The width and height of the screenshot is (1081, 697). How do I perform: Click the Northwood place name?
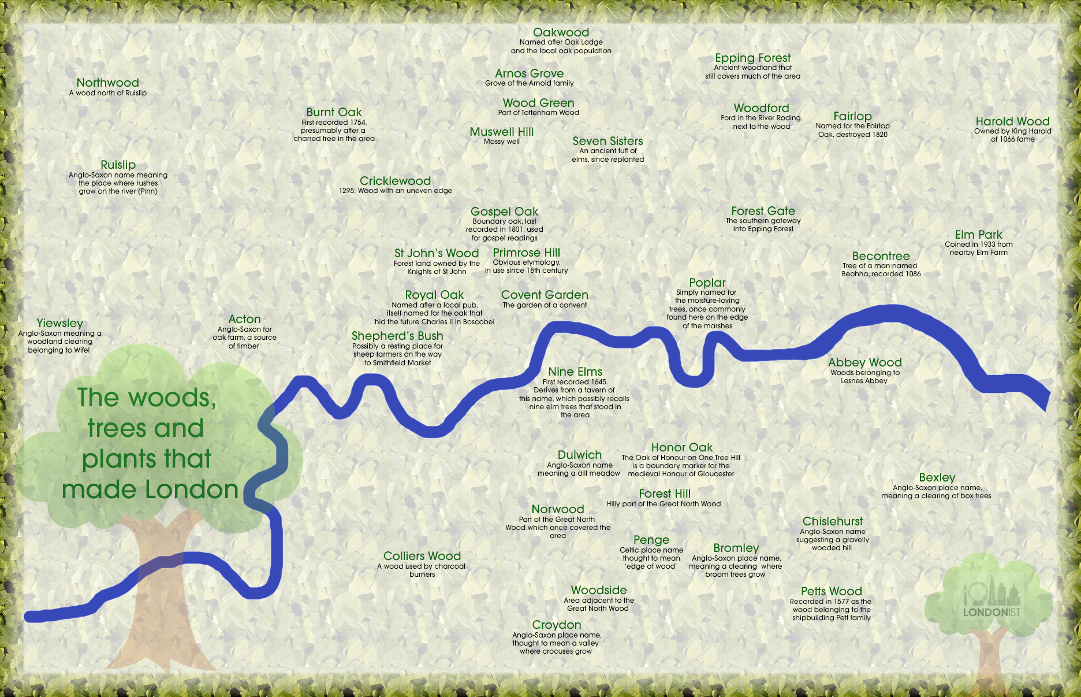click(x=107, y=83)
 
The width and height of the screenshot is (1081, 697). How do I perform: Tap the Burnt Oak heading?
click(x=334, y=112)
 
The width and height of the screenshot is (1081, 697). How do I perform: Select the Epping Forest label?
click(x=752, y=58)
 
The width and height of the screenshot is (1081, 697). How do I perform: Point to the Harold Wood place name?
click(x=1012, y=121)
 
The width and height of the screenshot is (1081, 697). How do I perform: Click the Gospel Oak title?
click(x=504, y=212)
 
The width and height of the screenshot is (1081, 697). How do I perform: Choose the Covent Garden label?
click(x=545, y=295)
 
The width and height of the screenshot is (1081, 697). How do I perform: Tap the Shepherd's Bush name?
click(x=397, y=336)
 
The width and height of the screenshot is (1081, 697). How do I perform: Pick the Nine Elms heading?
click(x=575, y=372)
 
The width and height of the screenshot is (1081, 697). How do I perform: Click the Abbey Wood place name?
click(x=864, y=362)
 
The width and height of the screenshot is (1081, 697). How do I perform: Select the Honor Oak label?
click(x=681, y=447)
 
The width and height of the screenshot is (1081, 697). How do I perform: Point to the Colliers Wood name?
click(x=422, y=556)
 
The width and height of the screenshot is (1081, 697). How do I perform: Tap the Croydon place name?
click(x=556, y=625)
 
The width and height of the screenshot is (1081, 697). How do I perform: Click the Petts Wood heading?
click(x=831, y=591)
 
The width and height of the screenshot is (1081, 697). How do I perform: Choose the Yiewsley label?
click(x=60, y=323)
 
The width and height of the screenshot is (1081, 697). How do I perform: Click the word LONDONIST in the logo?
click(x=991, y=612)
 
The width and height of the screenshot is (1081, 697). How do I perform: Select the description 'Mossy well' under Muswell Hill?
click(x=501, y=142)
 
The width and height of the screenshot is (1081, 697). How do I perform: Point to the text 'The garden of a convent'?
click(x=545, y=305)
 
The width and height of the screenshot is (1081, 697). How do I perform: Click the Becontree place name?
click(x=881, y=256)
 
